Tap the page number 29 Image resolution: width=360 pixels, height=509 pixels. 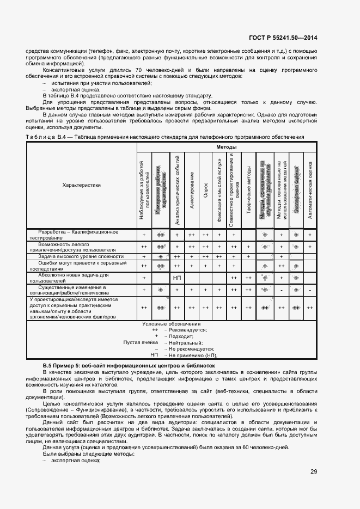pos(314,471)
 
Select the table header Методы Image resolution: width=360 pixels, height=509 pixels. pos(225,147)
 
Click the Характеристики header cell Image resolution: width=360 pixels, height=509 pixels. pos(82,185)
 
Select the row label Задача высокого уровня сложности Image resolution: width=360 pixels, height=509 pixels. pos(81,256)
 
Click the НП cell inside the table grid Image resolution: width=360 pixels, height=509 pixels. pos(177,278)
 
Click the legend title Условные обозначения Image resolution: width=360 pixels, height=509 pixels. pos(172,324)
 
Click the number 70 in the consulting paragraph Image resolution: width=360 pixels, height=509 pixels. pos(139,70)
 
